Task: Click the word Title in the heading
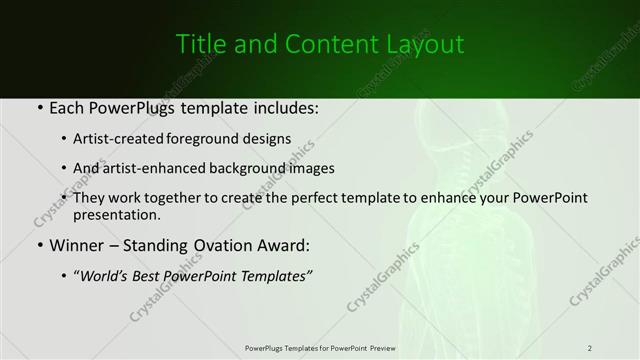[199, 45]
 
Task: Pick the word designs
[273, 139]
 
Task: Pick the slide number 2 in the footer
[590, 348]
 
